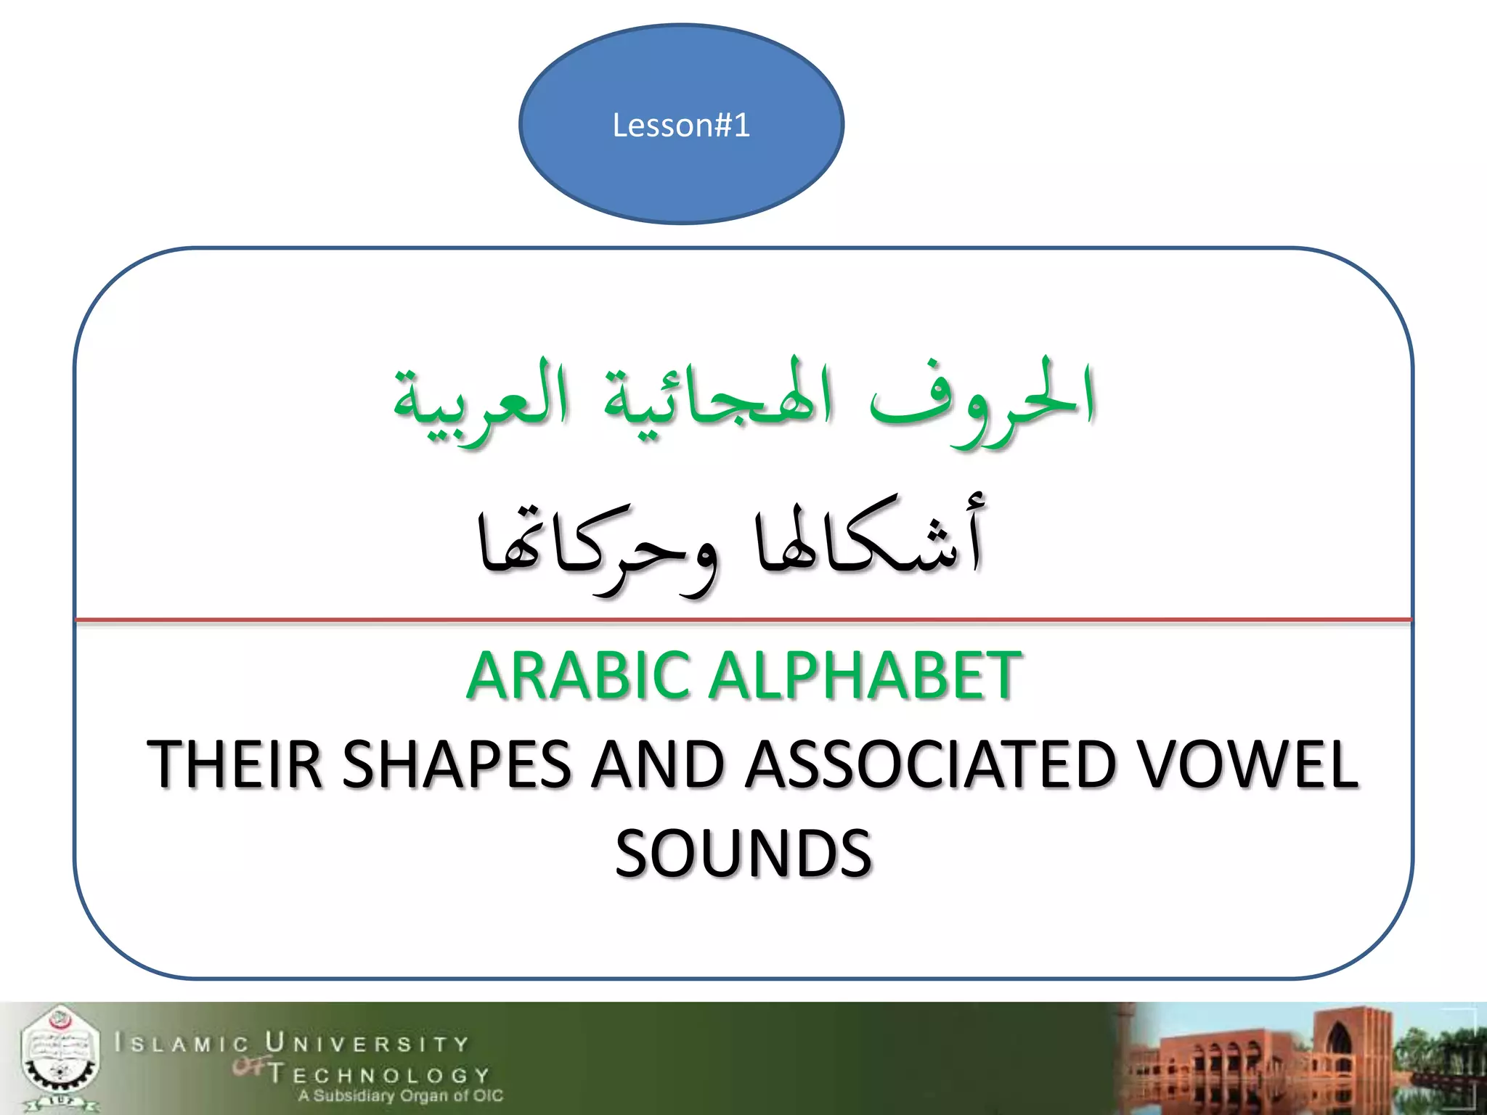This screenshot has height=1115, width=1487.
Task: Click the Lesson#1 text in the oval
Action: click(x=680, y=125)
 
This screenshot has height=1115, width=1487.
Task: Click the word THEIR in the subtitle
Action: click(x=234, y=764)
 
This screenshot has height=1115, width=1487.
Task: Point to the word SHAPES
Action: click(x=456, y=764)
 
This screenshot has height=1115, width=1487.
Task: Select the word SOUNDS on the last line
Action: click(x=743, y=853)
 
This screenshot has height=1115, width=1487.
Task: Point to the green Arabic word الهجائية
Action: click(x=719, y=399)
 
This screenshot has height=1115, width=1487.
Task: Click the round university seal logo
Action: click(x=60, y=1058)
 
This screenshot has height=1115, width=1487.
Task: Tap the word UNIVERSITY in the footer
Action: click(x=367, y=1043)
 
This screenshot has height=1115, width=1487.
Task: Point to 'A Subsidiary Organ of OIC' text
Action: click(x=400, y=1095)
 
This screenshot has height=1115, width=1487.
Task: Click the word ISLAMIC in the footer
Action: click(x=182, y=1044)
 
